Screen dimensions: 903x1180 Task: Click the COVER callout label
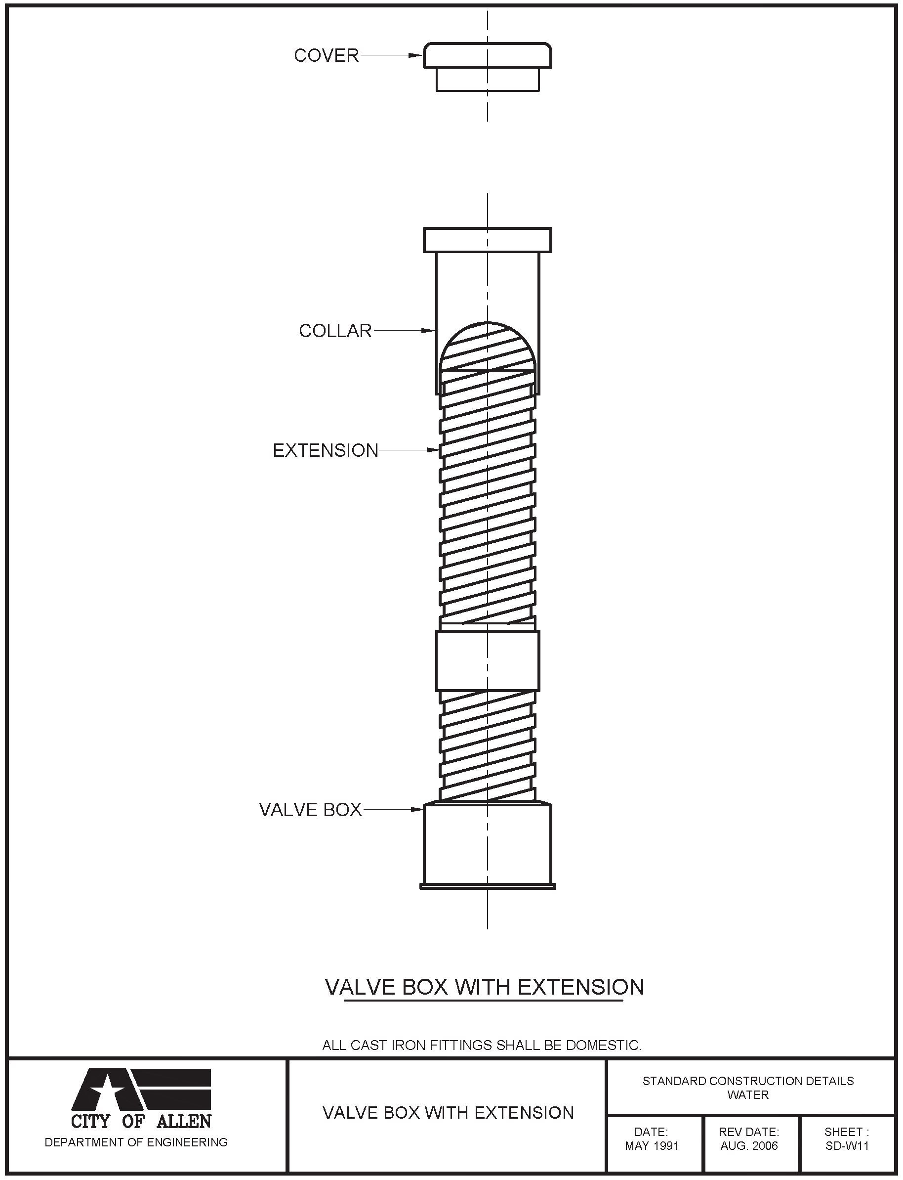click(x=326, y=55)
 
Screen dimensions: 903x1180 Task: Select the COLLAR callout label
click(x=335, y=331)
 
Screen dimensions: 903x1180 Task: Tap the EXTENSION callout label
click(x=326, y=450)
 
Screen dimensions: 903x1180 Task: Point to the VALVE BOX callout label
click(x=310, y=809)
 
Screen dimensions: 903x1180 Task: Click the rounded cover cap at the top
click(x=487, y=55)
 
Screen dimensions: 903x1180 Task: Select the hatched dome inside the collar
click(x=487, y=349)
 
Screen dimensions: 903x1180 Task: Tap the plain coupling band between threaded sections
click(x=487, y=660)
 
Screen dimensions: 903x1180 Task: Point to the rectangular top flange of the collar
click(x=487, y=240)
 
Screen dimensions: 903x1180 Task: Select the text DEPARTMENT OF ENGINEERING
click(x=136, y=1142)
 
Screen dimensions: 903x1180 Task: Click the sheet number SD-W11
click(x=847, y=1145)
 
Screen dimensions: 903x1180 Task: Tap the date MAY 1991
click(x=652, y=1145)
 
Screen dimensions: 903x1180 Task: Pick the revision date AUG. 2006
click(x=749, y=1145)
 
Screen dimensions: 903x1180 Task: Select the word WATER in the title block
click(x=748, y=1094)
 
